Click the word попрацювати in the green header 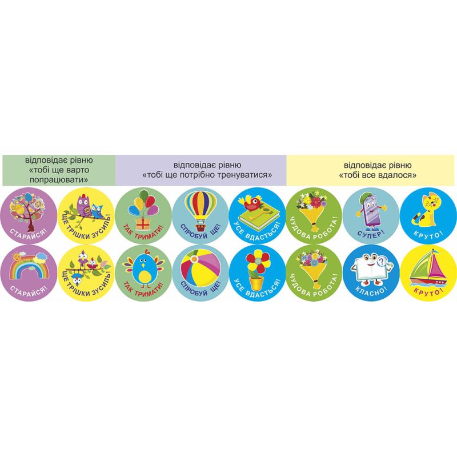click(x=59, y=179)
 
